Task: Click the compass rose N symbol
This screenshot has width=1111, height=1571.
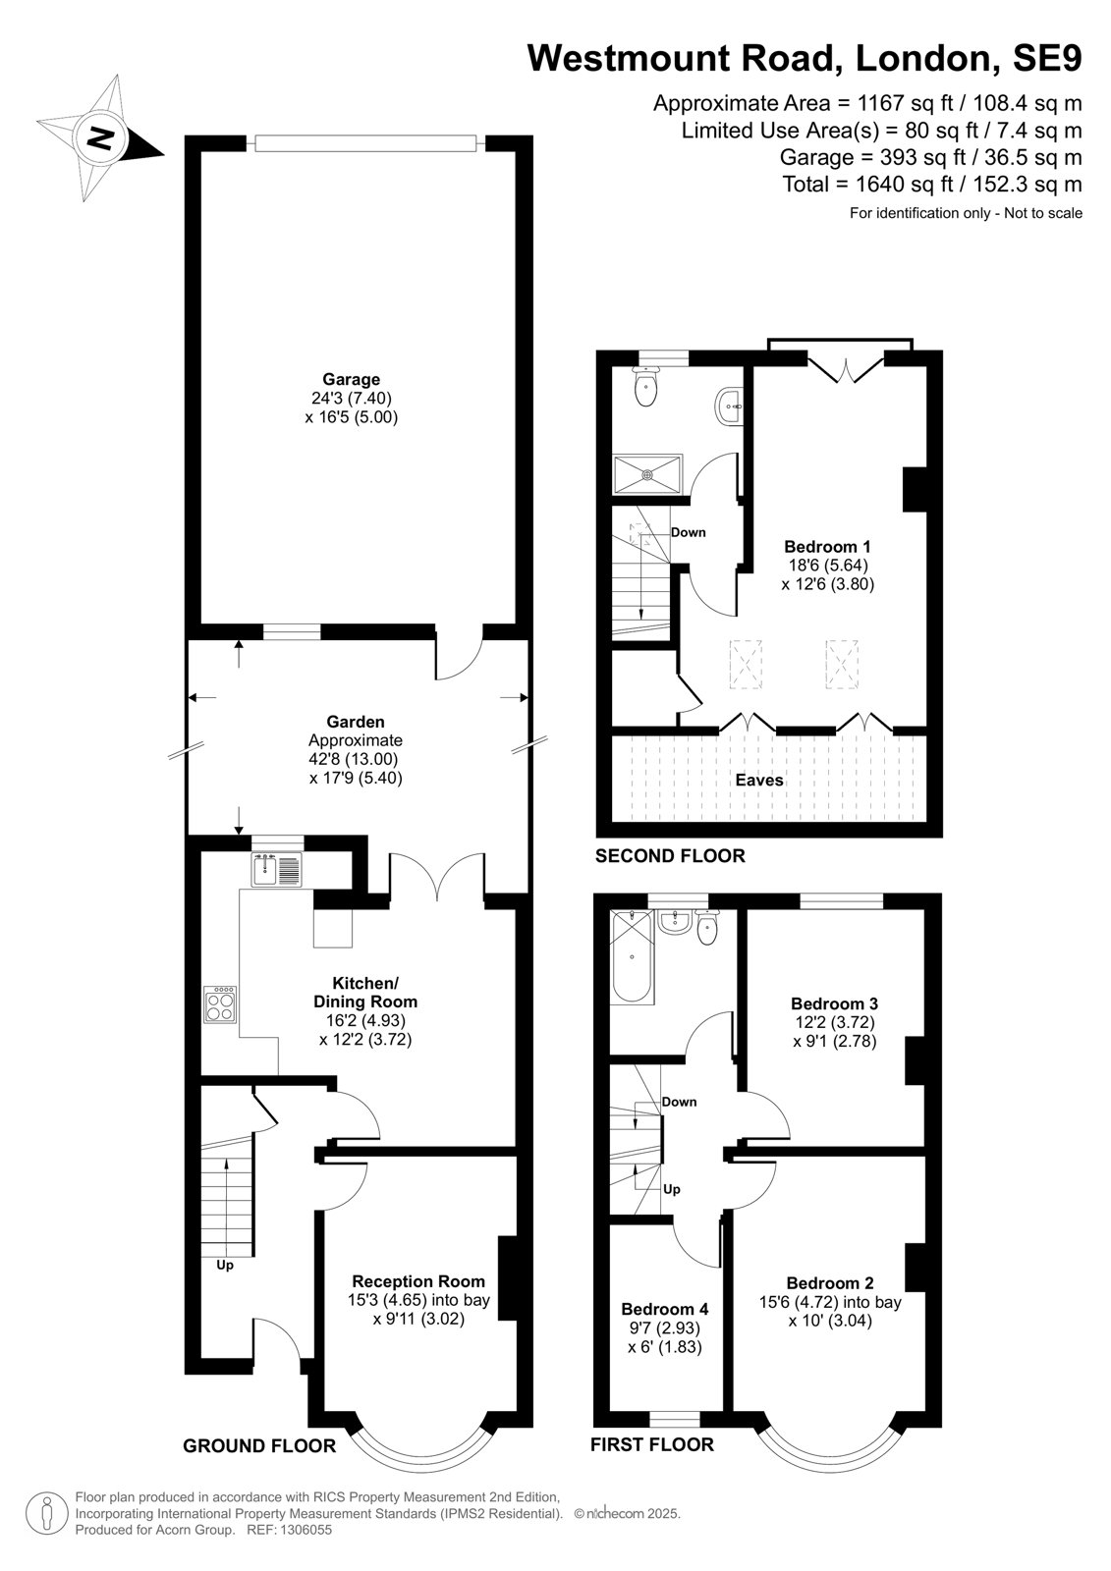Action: (x=100, y=137)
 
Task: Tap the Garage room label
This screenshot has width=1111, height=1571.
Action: (x=351, y=379)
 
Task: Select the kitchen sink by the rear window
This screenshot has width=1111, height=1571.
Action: (x=276, y=870)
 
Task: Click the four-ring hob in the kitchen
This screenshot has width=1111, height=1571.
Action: (x=221, y=1005)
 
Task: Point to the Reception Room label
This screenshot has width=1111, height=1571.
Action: (x=418, y=1281)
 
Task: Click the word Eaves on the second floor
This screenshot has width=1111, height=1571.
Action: (x=759, y=780)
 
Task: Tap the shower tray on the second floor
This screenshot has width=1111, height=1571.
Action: (x=647, y=475)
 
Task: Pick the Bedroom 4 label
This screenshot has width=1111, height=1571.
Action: (x=665, y=1310)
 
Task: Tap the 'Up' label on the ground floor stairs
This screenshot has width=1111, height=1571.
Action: (x=225, y=1266)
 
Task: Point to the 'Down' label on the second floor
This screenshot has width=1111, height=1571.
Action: (x=688, y=532)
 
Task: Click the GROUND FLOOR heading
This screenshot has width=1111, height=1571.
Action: (x=259, y=1445)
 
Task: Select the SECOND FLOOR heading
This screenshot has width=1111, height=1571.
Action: (x=670, y=855)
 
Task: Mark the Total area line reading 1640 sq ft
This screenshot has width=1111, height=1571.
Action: (x=933, y=185)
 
